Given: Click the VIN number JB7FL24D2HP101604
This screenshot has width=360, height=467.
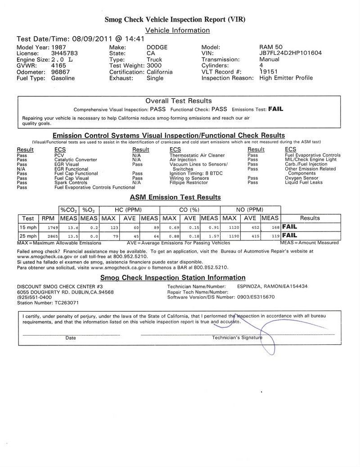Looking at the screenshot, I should pyautogui.click(x=290, y=53).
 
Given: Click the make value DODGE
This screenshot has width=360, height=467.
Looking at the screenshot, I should pyautogui.click(x=157, y=47).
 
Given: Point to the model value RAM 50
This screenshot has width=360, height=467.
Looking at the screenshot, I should pyautogui.click(x=272, y=47).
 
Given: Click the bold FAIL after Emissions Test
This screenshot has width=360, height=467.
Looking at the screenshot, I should pyautogui.click(x=275, y=109).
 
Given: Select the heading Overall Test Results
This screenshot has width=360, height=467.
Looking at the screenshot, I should pyautogui.click(x=179, y=101).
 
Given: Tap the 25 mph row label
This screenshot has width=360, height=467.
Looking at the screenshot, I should pyautogui.click(x=28, y=236).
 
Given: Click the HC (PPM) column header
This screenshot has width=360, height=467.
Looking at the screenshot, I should pyautogui.click(x=130, y=210).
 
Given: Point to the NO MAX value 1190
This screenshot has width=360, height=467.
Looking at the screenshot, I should pyautogui.click(x=229, y=236).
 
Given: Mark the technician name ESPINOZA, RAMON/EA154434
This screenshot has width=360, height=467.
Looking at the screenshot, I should pyautogui.click(x=272, y=286).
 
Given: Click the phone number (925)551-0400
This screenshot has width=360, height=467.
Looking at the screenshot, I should pyautogui.click(x=34, y=297).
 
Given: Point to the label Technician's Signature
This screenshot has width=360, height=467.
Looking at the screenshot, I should pyautogui.click(x=237, y=337).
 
